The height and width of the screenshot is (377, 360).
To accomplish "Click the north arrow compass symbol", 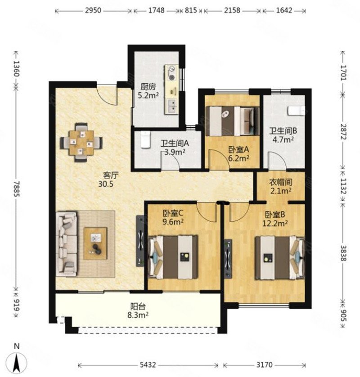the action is pos(16,362).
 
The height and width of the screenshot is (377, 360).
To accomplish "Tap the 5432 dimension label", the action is pos(148,365).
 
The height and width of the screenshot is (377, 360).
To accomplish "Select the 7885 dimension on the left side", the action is pos(16,188).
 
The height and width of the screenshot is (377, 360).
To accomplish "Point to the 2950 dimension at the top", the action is pos(93,11).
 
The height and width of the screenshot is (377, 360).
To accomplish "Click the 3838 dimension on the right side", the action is pos(343,253).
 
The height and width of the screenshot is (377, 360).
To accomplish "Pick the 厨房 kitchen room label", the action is pos(148,87).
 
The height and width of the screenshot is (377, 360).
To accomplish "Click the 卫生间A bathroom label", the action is pos(175,144).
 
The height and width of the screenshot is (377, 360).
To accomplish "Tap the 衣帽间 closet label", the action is pos(281,182).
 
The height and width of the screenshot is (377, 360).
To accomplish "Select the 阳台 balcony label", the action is pos(138,306).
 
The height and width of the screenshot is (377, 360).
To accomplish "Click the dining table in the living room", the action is pos(81,143).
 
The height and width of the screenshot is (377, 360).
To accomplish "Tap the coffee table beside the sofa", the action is pos(95,243).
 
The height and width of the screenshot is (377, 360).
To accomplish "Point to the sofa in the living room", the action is pos(67,244).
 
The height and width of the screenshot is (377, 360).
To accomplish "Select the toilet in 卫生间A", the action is pos(145,140).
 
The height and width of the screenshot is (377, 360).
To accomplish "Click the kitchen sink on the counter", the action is pos(172,106).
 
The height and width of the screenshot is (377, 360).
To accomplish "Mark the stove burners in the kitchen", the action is pos(172,73).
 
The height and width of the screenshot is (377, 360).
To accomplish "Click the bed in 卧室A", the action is pos(232,121).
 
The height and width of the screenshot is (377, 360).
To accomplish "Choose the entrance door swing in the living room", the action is pos(107,94).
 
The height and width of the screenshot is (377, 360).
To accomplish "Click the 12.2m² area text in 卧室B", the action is pos(275,224).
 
